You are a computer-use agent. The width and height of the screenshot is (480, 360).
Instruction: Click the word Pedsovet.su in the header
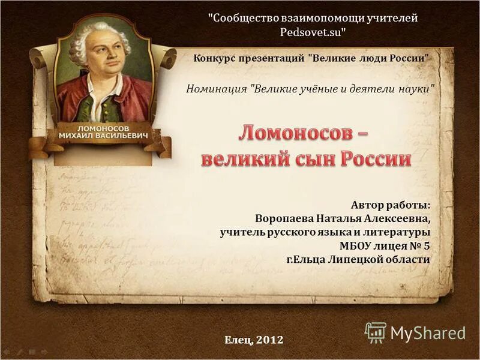[x=313, y=32]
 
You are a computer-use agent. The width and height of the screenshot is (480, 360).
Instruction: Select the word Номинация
[x=217, y=89]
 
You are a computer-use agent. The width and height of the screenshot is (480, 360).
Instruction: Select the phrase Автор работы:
[x=391, y=205]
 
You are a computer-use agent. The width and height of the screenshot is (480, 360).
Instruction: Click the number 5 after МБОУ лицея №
[x=426, y=245]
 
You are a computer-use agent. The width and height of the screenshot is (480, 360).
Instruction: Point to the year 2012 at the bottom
[x=269, y=340]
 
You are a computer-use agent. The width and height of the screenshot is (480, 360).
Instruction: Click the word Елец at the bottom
[x=238, y=340]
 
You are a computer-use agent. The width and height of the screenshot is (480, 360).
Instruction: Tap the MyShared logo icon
[x=376, y=332]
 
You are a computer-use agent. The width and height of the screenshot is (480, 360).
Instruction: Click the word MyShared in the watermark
[x=428, y=333]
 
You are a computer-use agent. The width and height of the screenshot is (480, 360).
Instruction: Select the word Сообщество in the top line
[x=241, y=18]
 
